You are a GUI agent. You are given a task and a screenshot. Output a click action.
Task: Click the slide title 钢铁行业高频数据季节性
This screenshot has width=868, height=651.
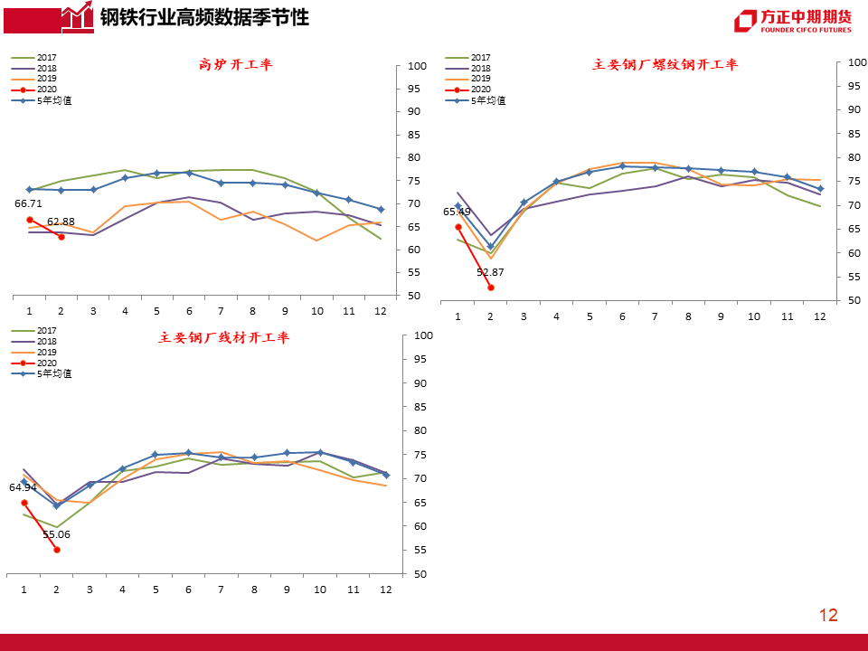pyautogui.click(x=203, y=17)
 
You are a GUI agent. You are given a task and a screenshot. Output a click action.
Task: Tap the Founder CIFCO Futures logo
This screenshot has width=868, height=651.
pyautogui.click(x=792, y=21)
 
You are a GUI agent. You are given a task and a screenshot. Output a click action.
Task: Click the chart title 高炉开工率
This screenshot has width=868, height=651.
pyautogui.click(x=235, y=64)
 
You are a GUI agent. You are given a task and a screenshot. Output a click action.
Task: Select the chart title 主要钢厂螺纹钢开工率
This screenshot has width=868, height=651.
pyautogui.click(x=665, y=64)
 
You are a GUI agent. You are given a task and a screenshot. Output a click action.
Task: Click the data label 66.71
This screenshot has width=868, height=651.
pyautogui.click(x=28, y=204)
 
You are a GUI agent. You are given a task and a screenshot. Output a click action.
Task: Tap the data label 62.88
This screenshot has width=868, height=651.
pyautogui.click(x=61, y=222)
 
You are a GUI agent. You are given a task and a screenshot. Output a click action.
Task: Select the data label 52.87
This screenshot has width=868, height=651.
pyautogui.click(x=490, y=272)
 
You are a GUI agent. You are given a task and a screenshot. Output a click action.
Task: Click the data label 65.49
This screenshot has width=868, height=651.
pyautogui.click(x=457, y=212)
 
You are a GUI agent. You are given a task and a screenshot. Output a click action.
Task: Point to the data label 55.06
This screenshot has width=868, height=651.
pyautogui.click(x=56, y=534)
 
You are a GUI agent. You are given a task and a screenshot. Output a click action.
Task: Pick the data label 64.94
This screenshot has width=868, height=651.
pyautogui.click(x=23, y=487)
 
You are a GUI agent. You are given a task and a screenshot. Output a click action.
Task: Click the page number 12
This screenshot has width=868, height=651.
pyautogui.click(x=828, y=616)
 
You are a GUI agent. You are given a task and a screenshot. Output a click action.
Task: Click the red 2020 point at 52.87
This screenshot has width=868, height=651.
pyautogui.click(x=491, y=288)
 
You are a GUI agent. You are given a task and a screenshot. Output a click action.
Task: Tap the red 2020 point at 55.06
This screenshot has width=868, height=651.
pyautogui.click(x=57, y=550)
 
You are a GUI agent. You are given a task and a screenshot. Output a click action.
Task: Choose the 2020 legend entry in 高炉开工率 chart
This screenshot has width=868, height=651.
pyautogui.click(x=46, y=90)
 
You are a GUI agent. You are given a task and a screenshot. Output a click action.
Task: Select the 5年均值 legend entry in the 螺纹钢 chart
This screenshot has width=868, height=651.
pyautogui.click(x=487, y=100)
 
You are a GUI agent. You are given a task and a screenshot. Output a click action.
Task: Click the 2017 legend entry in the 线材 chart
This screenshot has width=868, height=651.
pyautogui.click(x=46, y=331)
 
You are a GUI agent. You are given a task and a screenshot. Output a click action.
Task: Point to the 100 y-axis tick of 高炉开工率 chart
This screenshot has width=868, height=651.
pyautogui.click(x=417, y=66)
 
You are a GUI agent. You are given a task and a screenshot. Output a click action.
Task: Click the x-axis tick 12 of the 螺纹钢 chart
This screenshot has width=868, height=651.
pyautogui.click(x=819, y=316)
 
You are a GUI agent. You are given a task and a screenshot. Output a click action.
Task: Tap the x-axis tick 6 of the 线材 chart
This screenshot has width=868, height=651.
pyautogui.click(x=188, y=590)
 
